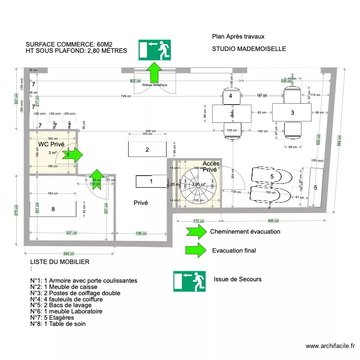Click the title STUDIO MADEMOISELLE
click(249, 49)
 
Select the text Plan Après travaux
click(238, 36)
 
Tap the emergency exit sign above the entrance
click(155, 50)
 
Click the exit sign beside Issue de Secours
click(189, 281)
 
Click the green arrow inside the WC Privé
click(75, 155)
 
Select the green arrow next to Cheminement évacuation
click(195, 232)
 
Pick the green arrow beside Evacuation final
click(195, 250)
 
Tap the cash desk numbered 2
click(147, 149)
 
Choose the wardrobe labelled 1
click(151, 181)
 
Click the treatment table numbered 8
click(53, 208)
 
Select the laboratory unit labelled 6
click(315, 188)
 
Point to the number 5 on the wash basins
click(272, 177)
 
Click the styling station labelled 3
click(292, 112)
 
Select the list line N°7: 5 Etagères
click(52, 317)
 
